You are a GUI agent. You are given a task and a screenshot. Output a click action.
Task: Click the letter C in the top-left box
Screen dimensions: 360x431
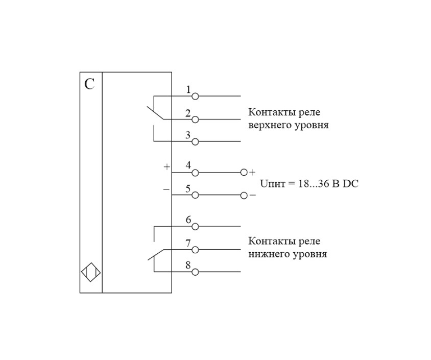click(x=89, y=84)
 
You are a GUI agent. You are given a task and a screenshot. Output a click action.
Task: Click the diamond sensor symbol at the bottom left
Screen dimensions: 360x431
click(x=91, y=272)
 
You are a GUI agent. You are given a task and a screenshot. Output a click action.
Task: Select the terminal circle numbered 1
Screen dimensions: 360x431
click(x=195, y=96)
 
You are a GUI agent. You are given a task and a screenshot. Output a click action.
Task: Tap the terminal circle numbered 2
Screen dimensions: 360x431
click(x=195, y=119)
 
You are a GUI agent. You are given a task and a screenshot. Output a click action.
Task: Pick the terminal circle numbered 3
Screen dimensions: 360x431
click(x=195, y=141)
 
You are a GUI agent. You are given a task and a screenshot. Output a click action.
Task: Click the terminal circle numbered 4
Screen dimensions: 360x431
click(x=195, y=173)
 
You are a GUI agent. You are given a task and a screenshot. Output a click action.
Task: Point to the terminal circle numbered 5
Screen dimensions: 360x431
click(x=195, y=195)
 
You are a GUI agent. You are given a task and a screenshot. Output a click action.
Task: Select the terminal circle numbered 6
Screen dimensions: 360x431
click(x=195, y=226)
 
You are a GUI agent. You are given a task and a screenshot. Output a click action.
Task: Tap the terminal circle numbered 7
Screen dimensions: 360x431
click(x=195, y=250)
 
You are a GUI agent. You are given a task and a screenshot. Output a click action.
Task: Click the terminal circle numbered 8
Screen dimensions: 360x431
click(x=195, y=272)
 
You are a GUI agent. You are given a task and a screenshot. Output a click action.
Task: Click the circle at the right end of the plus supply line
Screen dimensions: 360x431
click(x=244, y=173)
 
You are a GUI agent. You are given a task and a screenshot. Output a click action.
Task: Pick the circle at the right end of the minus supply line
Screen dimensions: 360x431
click(x=244, y=195)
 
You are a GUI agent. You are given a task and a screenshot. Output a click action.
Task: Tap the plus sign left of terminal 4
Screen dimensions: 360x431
click(x=166, y=167)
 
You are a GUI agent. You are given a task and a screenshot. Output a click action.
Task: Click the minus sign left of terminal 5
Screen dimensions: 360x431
click(x=166, y=189)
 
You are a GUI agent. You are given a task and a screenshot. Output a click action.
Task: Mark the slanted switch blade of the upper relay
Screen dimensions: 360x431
click(x=154, y=113)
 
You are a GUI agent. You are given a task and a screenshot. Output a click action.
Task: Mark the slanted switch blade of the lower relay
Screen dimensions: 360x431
click(x=156, y=254)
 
